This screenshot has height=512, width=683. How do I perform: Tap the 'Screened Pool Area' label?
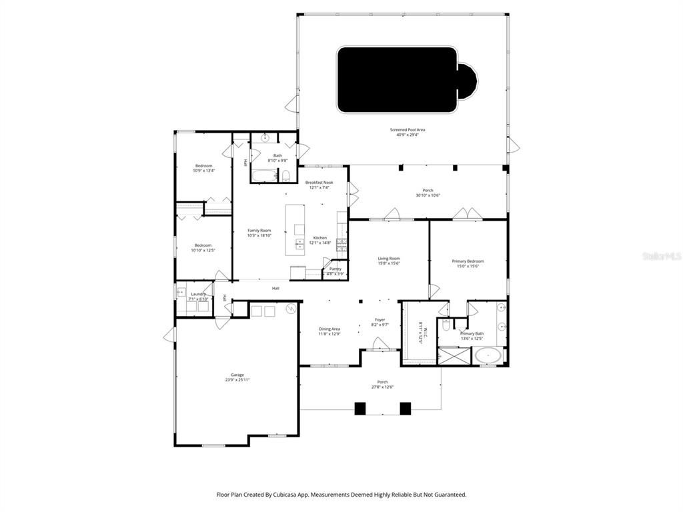point(408,130)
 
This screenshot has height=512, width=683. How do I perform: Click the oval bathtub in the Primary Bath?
point(490,355)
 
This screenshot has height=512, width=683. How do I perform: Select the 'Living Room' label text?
point(389,259)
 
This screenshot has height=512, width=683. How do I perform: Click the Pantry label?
point(335,269)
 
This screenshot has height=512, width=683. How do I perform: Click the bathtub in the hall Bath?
point(263,176)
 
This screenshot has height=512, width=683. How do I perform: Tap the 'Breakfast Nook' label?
point(319,183)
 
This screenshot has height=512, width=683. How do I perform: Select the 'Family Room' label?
point(259,231)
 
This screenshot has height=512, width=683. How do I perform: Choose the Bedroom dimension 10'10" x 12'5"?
point(203,251)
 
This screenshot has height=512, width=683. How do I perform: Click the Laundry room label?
point(198,294)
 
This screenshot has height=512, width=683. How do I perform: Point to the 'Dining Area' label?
point(329,329)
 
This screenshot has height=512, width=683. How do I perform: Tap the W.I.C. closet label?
point(420,331)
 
